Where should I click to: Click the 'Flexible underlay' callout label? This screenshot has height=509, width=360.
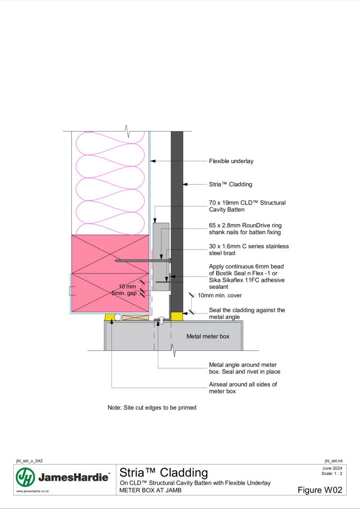(231, 161)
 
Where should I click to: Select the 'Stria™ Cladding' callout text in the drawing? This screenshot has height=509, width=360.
(230, 184)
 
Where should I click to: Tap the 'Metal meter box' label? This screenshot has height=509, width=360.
(208, 336)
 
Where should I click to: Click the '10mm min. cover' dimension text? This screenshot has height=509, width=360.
(220, 295)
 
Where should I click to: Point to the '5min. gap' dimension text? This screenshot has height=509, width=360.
(124, 293)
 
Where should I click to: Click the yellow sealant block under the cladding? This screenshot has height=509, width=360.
(177, 316)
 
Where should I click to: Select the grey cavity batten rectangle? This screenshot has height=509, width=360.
(161, 256)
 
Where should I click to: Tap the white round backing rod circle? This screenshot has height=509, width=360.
(118, 317)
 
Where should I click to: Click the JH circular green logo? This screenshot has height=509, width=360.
(25, 477)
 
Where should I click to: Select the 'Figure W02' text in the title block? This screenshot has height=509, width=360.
(320, 490)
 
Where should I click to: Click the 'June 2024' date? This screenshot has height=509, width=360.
(333, 468)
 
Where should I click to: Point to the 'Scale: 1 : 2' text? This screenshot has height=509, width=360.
(332, 473)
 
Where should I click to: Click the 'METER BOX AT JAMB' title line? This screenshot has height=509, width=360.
(150, 490)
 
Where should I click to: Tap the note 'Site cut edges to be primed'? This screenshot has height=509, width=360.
(152, 408)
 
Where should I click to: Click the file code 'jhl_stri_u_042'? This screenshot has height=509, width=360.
(29, 461)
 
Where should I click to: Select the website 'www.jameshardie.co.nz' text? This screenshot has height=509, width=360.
(32, 491)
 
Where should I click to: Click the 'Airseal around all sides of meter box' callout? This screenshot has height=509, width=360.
(243, 388)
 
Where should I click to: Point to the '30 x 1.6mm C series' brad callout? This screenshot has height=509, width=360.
(249, 250)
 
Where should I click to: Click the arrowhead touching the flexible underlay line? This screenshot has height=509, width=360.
(153, 161)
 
